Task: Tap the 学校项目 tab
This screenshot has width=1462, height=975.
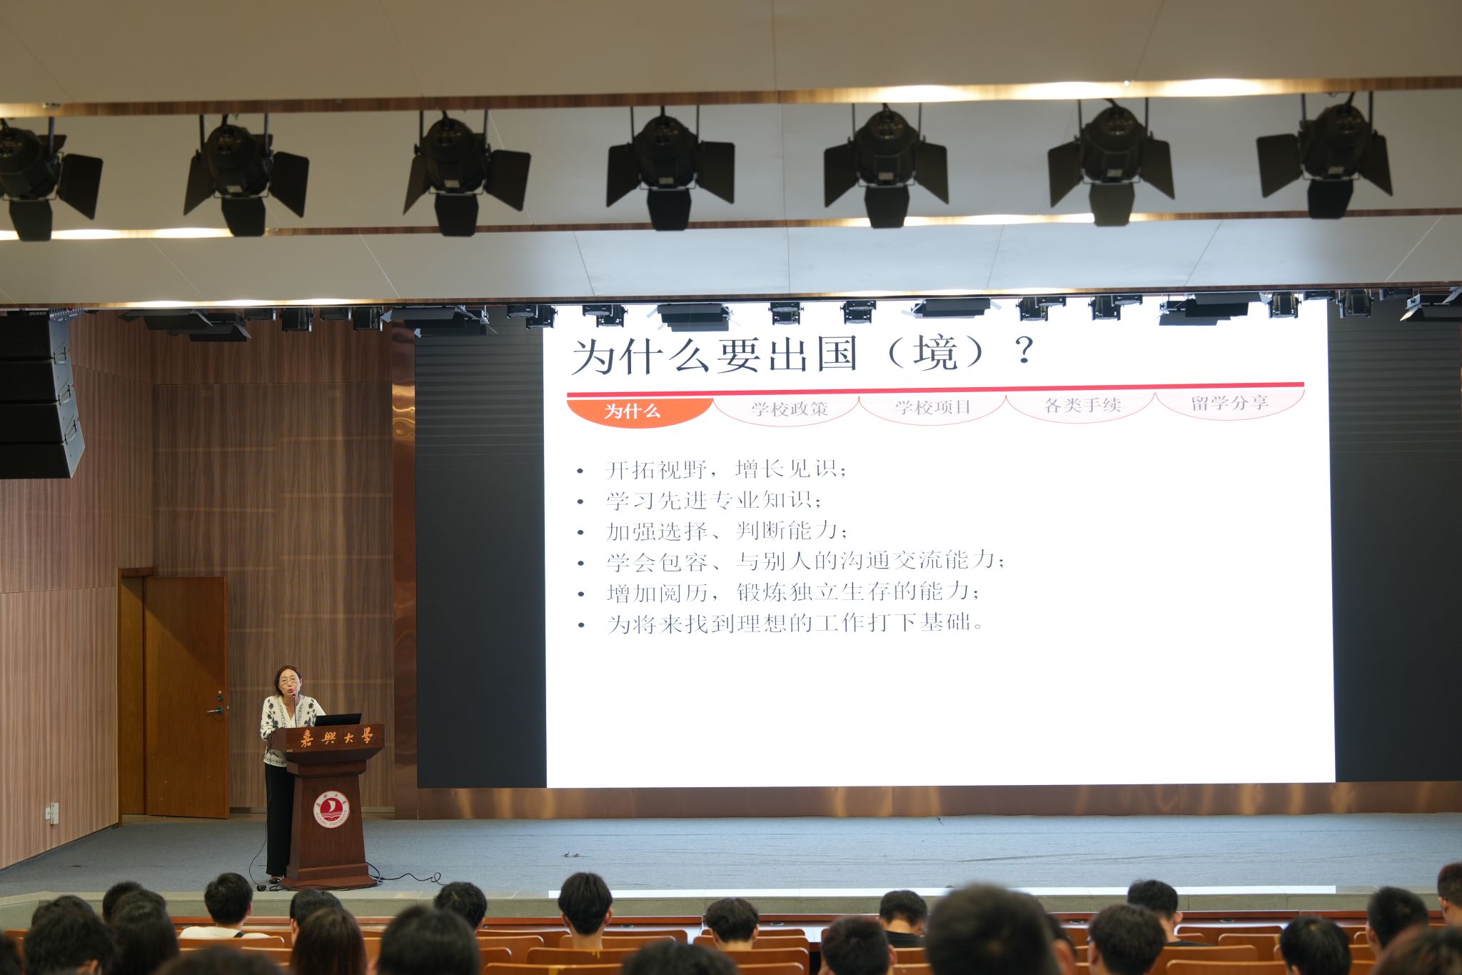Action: tap(933, 407)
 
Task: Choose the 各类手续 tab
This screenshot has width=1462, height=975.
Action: tap(1082, 405)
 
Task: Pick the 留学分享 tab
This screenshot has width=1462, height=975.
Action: tap(1230, 403)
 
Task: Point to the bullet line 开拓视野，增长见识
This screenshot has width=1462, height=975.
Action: tap(725, 469)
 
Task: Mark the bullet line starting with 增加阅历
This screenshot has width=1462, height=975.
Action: tap(792, 592)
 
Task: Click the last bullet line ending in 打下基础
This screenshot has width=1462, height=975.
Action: tap(795, 623)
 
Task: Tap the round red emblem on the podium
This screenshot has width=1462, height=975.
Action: tap(331, 809)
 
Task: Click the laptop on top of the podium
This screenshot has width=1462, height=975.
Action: tap(337, 719)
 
